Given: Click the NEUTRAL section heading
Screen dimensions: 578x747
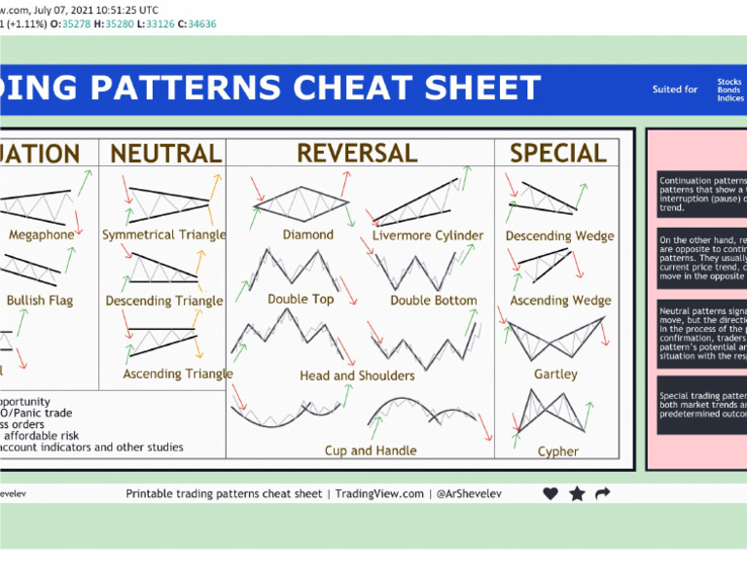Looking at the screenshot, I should (x=166, y=154).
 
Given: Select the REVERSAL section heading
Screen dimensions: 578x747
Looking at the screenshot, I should (x=357, y=154).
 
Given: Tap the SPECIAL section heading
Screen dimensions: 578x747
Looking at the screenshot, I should (x=558, y=154).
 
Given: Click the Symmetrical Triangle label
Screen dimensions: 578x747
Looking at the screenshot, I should (x=164, y=235).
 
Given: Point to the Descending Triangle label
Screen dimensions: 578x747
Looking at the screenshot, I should (x=164, y=302).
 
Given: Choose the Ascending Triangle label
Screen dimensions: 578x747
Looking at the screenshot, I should (x=178, y=374).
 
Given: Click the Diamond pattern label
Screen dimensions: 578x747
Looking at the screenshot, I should (x=308, y=235).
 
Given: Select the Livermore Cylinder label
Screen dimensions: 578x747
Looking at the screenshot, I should (x=428, y=235).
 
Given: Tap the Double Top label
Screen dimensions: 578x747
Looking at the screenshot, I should (x=301, y=300).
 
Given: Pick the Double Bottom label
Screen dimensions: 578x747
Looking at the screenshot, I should (x=434, y=301).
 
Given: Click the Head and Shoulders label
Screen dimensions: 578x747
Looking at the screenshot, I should (x=357, y=376).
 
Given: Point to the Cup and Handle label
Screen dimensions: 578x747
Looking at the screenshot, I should (x=371, y=451).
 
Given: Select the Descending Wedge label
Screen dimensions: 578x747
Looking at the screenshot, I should (x=560, y=236).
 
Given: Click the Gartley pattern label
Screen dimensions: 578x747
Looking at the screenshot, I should (x=555, y=374).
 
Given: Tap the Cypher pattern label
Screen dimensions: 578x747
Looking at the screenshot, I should (x=558, y=452).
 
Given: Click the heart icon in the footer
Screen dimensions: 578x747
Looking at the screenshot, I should (x=551, y=493).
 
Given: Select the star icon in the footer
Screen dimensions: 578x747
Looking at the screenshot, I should (x=577, y=493).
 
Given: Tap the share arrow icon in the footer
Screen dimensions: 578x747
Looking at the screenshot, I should (x=603, y=493).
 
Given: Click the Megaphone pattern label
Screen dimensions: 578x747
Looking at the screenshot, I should (x=41, y=235).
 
